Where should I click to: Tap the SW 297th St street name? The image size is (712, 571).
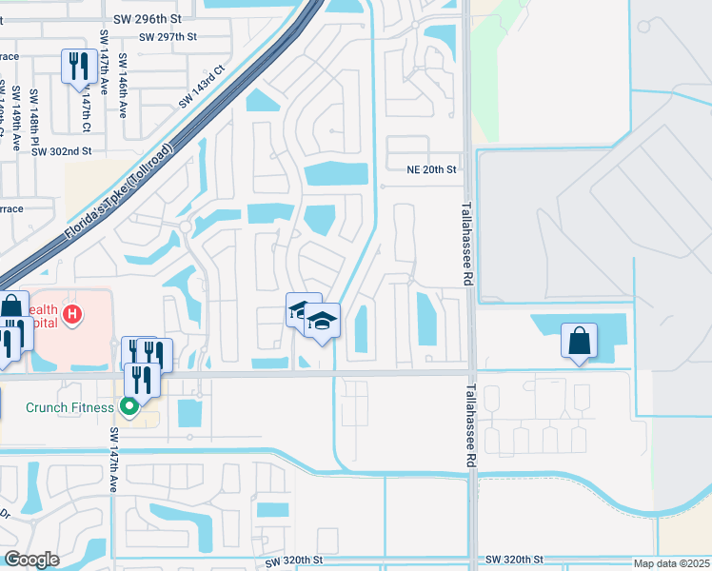[167, 37]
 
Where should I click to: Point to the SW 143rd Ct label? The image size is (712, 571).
[201, 86]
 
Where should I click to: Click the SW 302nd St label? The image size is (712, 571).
[60, 150]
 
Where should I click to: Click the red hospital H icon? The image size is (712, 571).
[70, 313]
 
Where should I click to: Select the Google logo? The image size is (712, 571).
[32, 560]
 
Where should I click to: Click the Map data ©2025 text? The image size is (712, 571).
[669, 562]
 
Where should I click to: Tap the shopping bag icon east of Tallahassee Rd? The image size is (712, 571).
[579, 341]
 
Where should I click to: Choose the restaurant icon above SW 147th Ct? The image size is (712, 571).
[75, 67]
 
